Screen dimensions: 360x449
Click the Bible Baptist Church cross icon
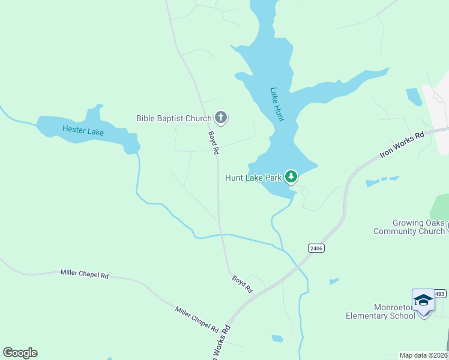(221, 118)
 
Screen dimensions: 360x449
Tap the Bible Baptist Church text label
(174, 118)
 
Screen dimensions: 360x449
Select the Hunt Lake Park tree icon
(291, 176)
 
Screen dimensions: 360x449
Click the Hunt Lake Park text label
(253, 178)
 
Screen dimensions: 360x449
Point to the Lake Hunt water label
(277, 104)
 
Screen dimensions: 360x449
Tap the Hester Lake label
(83, 130)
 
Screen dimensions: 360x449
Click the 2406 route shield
(316, 248)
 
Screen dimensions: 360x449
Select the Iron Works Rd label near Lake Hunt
(402, 145)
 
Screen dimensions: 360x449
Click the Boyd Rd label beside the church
(213, 143)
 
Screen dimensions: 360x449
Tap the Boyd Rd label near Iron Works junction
(243, 283)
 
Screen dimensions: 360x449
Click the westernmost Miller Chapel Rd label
(84, 274)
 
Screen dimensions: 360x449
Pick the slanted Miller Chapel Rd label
(197, 319)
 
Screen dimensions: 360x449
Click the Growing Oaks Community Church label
(409, 227)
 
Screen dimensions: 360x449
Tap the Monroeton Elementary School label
(381, 311)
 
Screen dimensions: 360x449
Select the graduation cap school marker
(423, 300)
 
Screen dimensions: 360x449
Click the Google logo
(20, 352)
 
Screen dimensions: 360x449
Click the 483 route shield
(440, 293)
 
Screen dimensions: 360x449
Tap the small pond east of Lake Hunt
(414, 96)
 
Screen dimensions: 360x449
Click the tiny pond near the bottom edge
(277, 338)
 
